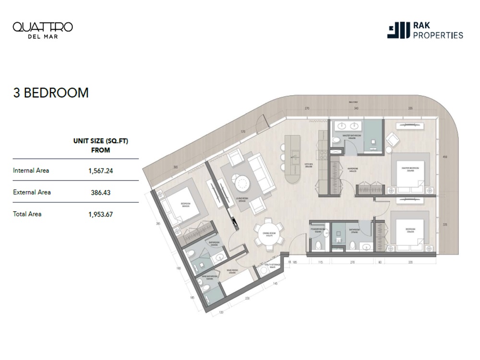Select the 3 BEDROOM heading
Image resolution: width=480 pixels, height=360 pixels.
50,93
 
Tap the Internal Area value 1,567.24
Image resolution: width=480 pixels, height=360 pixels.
100,170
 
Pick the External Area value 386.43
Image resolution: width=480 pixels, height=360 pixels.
100,192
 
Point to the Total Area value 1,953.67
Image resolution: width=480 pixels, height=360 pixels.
100,215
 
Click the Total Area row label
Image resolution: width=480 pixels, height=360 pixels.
27,214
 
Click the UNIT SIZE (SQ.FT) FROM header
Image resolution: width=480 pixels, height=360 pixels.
100,145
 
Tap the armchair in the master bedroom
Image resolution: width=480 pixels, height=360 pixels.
393,139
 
